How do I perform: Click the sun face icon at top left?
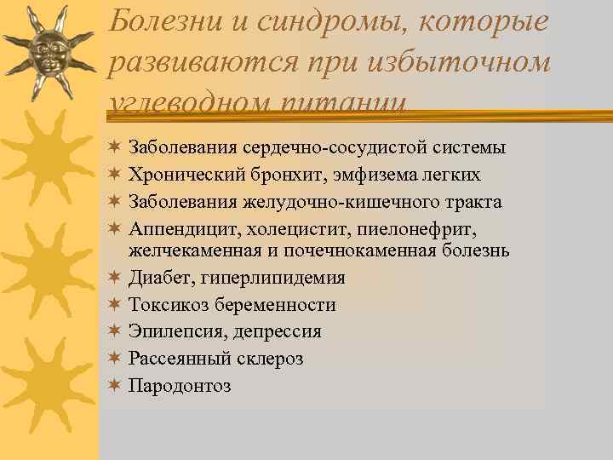(x=50, y=52)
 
